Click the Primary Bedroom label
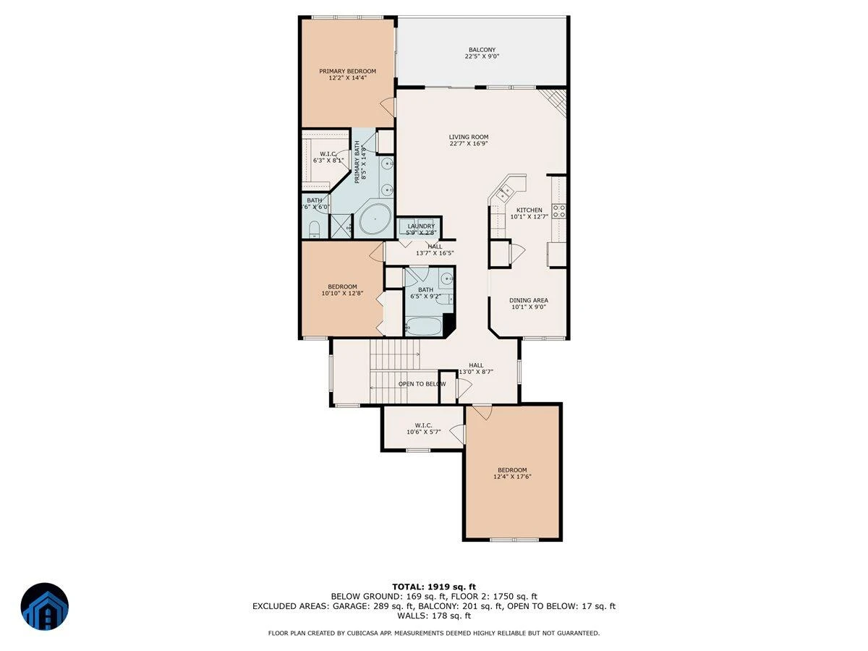pyautogui.click(x=347, y=71)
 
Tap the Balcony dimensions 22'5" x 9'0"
pyautogui.click(x=482, y=56)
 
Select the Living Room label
pyautogui.click(x=468, y=137)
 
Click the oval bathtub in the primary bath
pyautogui.click(x=375, y=220)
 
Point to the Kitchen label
pyautogui.click(x=529, y=210)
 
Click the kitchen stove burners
pyautogui.click(x=559, y=211)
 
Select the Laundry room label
pyautogui.click(x=421, y=226)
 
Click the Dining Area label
pyautogui.click(x=528, y=300)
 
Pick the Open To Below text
pyautogui.click(x=422, y=384)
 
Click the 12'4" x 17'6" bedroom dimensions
pyautogui.click(x=512, y=477)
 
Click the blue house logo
pyautogui.click(x=45, y=606)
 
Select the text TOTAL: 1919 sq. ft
pyautogui.click(x=434, y=587)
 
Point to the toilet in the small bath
pyautogui.click(x=314, y=229)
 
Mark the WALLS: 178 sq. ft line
pyautogui.click(x=434, y=616)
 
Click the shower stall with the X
pyautogui.click(x=341, y=226)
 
